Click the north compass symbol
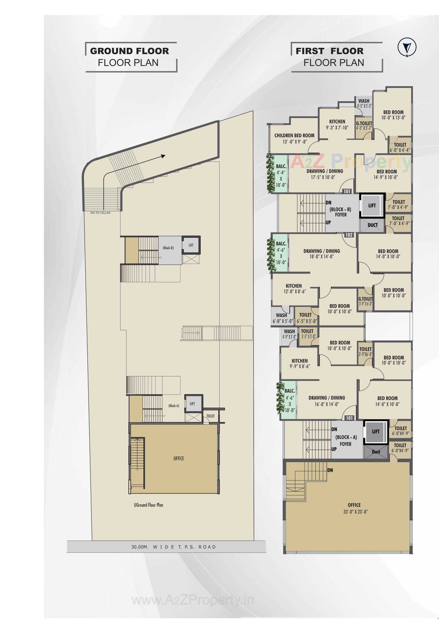click(407, 48)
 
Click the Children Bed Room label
click(294, 136)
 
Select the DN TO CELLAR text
click(100, 213)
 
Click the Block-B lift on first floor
click(372, 205)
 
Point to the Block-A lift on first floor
click(376, 431)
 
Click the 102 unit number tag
click(349, 235)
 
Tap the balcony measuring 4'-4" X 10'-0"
click(281, 175)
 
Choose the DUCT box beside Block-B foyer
click(372, 225)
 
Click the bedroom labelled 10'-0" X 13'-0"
click(393, 115)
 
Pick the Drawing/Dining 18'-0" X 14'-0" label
click(322, 254)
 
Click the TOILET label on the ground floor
click(210, 416)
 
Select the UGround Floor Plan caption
click(148, 505)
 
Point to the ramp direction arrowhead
click(163, 156)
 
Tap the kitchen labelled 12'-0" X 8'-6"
click(294, 288)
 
